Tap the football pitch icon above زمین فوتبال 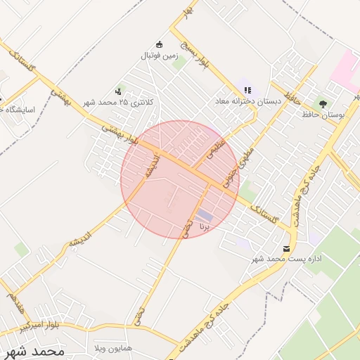[159, 44]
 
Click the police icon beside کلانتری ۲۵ [117, 91]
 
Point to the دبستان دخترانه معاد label [247, 101]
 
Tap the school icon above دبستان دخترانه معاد [247, 89]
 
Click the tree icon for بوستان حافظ [323, 103]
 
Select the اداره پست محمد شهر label [286, 259]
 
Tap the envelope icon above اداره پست [286, 248]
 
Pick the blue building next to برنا [205, 215]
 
